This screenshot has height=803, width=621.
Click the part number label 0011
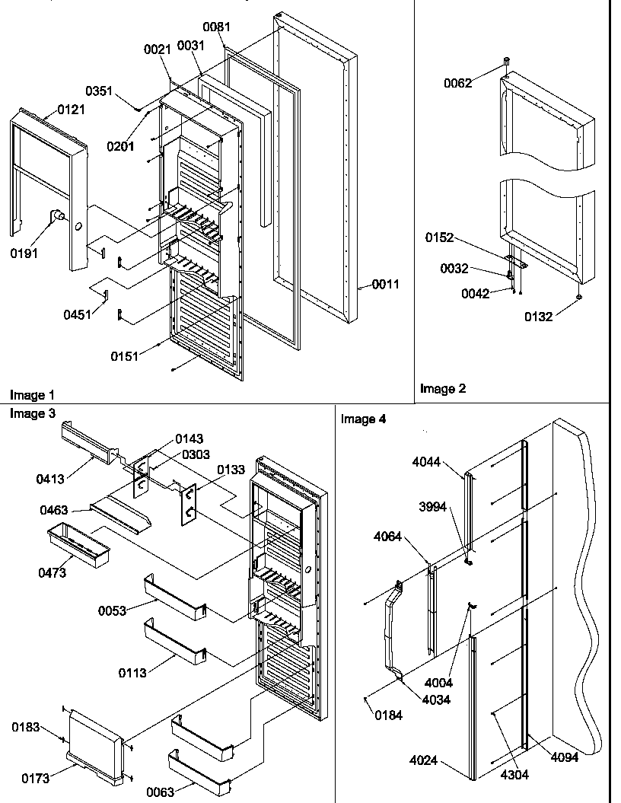(385, 285)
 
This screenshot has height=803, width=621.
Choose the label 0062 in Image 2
(458, 83)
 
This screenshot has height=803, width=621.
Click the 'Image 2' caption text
(443, 388)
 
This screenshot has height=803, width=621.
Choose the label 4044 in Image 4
(426, 461)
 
